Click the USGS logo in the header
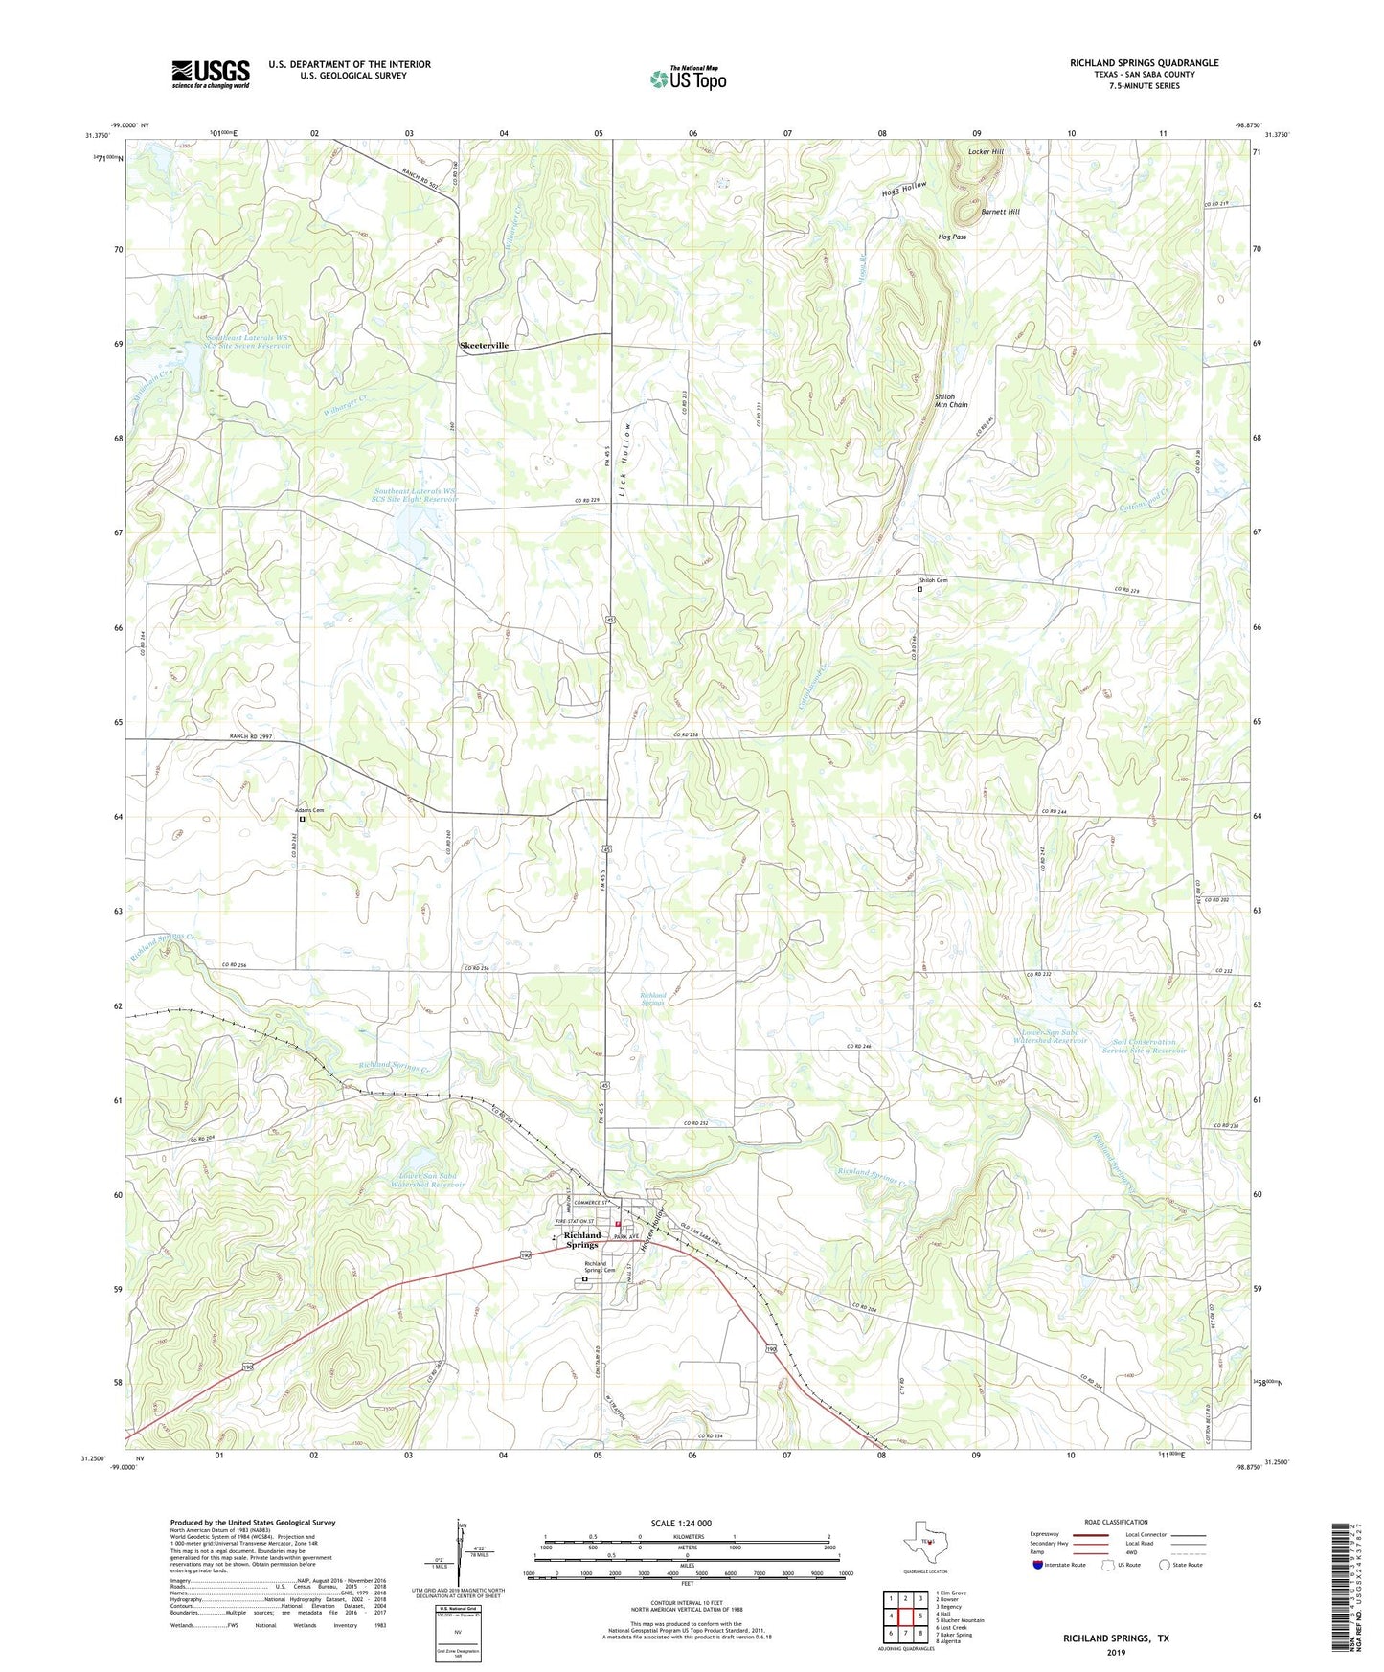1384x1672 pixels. (x=211, y=73)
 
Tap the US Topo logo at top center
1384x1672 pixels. (x=687, y=79)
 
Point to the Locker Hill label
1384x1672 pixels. (x=986, y=152)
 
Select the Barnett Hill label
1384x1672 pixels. (x=1000, y=212)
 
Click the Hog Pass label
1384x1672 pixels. (x=952, y=237)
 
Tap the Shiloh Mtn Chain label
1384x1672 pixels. (x=951, y=400)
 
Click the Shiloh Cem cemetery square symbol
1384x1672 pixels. (x=919, y=590)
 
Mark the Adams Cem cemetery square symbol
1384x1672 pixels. (x=303, y=819)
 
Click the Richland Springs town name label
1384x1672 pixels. (x=582, y=1240)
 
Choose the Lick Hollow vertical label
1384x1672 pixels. (x=628, y=451)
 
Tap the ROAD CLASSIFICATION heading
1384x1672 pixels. (x=1116, y=1522)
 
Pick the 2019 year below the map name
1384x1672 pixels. (x=1116, y=1652)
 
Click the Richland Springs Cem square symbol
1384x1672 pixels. (x=585, y=1277)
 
